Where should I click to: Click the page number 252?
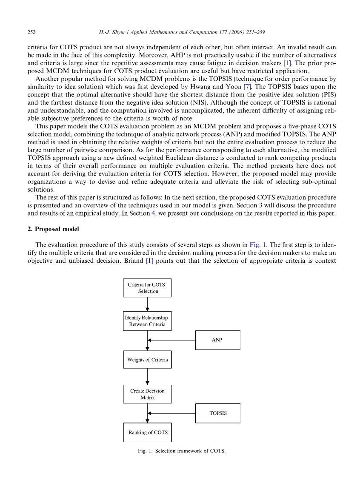pyautogui.click(x=31, y=32)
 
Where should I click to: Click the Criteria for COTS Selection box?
pyautogui.click(x=147, y=288)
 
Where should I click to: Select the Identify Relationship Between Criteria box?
pyautogui.click(x=147, y=321)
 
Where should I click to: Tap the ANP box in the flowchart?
pyautogui.click(x=217, y=340)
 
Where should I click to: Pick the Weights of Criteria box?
pyautogui.click(x=147, y=360)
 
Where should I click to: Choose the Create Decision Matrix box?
pyautogui.click(x=147, y=394)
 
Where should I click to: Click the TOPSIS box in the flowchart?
pyautogui.click(x=217, y=413)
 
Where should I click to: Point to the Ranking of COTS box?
pyautogui.click(x=147, y=432)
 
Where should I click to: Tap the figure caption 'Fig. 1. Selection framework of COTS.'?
pyautogui.click(x=179, y=451)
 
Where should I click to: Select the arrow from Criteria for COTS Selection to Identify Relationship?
pyautogui.click(x=147, y=304)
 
